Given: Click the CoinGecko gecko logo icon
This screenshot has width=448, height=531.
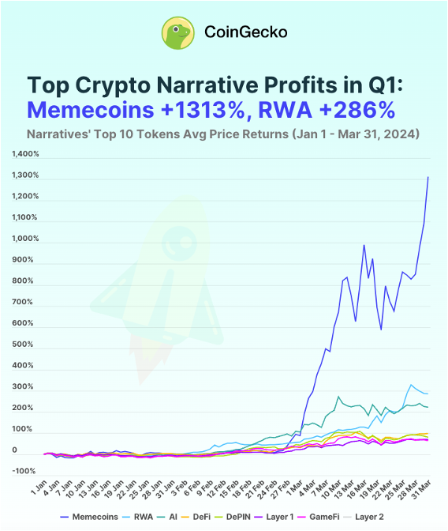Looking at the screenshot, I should (178, 32).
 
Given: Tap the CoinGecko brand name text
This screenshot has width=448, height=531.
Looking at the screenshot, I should (245, 32).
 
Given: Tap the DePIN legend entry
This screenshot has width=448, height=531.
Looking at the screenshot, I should (256, 516).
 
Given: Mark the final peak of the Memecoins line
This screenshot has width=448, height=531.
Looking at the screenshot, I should (428, 177).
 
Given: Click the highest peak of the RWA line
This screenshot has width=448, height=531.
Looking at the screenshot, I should (411, 385).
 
